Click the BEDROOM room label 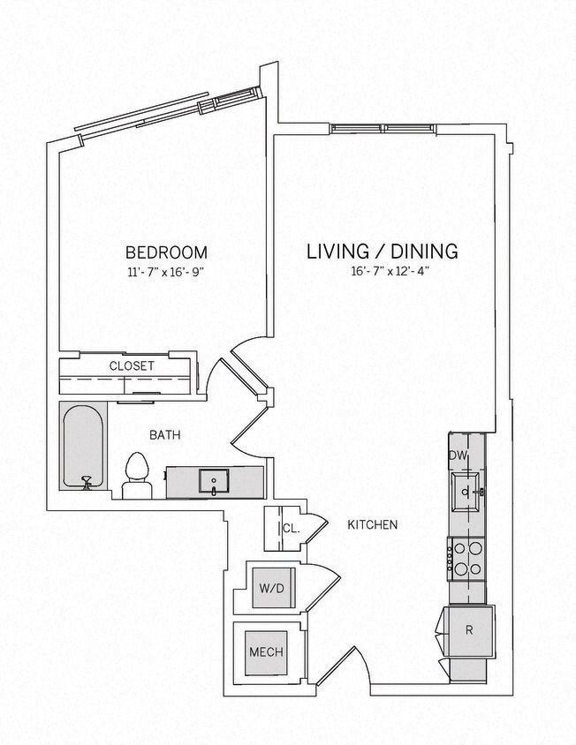tap(166, 252)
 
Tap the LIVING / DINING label tap(382, 252)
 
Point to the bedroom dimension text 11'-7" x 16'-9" tap(166, 272)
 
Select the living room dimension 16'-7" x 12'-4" tap(382, 272)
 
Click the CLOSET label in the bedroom tap(132, 365)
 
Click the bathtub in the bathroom tap(83, 446)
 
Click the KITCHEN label tap(372, 524)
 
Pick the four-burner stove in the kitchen tap(466, 558)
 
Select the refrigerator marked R tap(469, 629)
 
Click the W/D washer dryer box tap(269, 588)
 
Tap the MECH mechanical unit tap(265, 652)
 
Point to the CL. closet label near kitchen tap(292, 529)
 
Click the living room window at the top tap(383, 129)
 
